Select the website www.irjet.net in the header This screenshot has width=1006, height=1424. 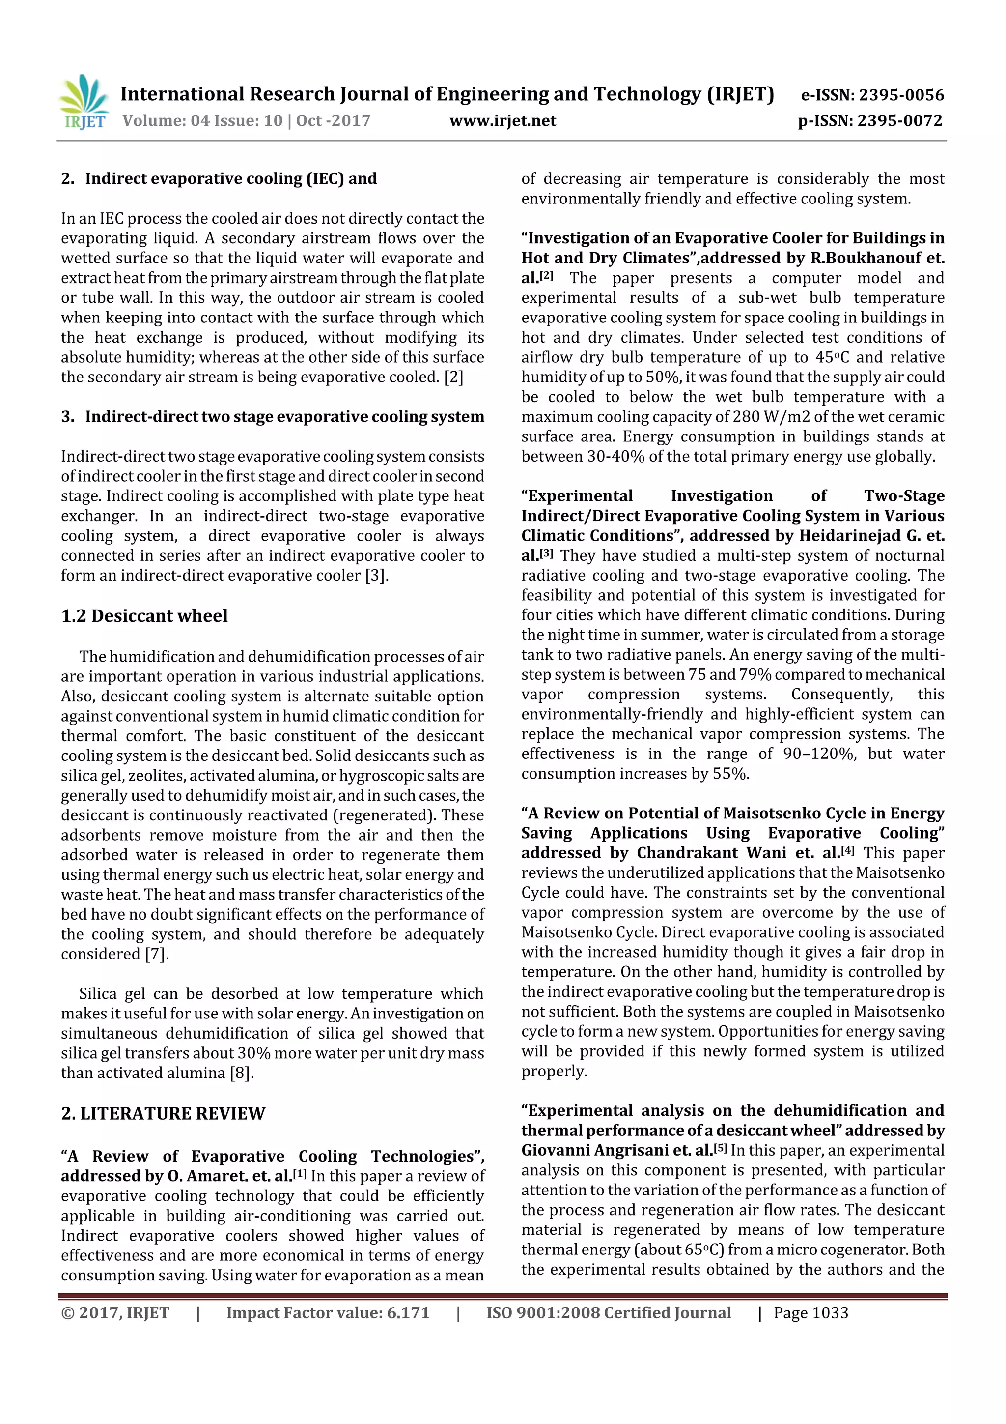pos(503,120)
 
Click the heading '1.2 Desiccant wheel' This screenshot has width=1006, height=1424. pos(144,616)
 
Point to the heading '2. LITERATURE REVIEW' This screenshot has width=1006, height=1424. pos(163,1113)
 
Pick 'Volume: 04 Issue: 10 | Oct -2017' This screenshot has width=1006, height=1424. pos(246,120)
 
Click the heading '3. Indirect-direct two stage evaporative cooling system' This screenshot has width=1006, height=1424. pos(273,417)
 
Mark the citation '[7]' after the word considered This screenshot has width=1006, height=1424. pos(157,954)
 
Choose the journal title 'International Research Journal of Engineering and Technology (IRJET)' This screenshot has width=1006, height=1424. pos(447,94)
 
